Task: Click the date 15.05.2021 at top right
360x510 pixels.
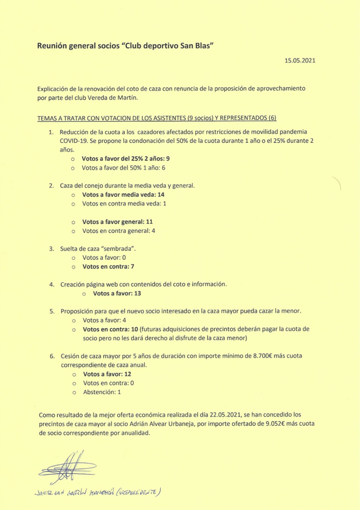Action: (x=300, y=60)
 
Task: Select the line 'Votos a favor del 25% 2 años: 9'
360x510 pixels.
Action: (x=126, y=158)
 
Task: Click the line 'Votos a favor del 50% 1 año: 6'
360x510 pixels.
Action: (x=123, y=168)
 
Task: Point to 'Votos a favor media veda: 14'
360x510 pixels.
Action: (x=123, y=195)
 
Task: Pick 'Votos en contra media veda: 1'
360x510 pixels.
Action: (x=124, y=204)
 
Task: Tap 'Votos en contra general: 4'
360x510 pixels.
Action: (x=119, y=231)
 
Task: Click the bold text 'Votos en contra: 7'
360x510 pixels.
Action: (x=109, y=267)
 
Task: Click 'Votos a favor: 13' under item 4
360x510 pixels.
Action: (x=117, y=294)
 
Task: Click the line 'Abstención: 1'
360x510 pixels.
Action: (x=102, y=392)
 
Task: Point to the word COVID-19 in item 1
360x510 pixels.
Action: (x=74, y=140)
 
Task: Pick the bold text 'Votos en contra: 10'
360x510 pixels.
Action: (x=110, y=329)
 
